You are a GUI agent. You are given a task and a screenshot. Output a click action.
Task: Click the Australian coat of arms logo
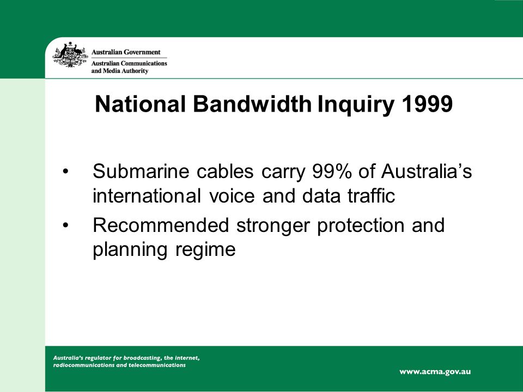point(70,54)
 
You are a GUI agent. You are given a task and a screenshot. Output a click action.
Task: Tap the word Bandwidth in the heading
point(252,104)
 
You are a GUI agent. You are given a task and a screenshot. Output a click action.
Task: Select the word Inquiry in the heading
point(356,105)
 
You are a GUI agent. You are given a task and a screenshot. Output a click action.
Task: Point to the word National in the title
point(140,104)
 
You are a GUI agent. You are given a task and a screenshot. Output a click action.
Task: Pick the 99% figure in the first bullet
point(332,171)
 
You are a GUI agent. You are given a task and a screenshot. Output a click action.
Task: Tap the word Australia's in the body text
point(427,171)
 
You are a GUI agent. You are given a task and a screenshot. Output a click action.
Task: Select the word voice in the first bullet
point(232,195)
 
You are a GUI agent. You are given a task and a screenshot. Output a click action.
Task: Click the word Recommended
point(161,225)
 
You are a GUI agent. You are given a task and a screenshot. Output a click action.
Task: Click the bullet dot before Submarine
point(65,171)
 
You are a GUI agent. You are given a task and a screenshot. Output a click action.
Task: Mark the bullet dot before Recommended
point(65,225)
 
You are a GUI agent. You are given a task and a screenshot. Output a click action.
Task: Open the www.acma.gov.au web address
point(435,372)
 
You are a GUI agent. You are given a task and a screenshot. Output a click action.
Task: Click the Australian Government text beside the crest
point(126,52)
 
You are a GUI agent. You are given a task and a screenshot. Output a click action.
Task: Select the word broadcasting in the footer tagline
point(142,358)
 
